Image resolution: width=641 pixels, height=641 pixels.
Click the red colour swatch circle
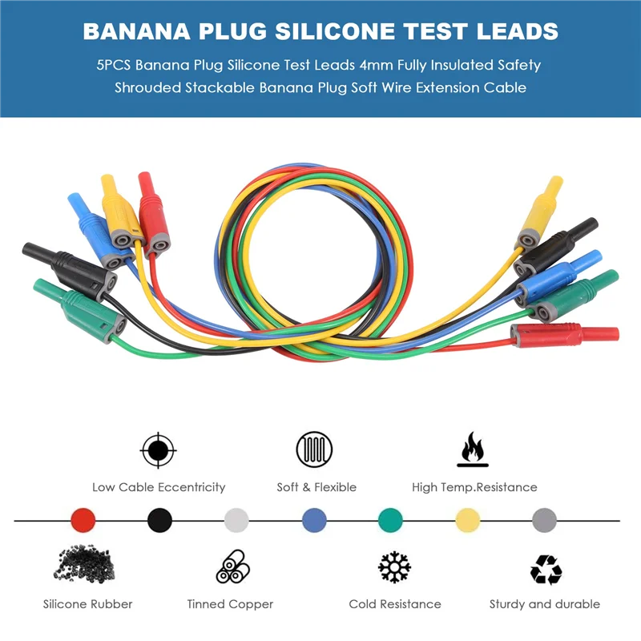[83, 520]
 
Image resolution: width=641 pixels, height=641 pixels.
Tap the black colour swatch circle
[159, 520]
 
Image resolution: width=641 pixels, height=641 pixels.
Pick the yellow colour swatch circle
[467, 520]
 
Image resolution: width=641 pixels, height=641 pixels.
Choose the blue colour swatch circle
[314, 520]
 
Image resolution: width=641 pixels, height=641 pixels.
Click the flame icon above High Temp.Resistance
[473, 450]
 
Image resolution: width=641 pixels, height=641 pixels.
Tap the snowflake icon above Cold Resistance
[394, 567]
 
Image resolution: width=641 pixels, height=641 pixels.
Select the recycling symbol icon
[546, 569]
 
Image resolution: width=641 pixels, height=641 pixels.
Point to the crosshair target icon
[158, 450]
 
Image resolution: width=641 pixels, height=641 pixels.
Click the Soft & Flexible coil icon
[314, 450]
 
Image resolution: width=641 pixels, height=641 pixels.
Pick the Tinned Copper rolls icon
[233, 567]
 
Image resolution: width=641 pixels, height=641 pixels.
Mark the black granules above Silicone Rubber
[87, 566]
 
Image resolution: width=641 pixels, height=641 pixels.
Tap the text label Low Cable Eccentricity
[159, 487]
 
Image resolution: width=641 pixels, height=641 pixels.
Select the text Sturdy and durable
[545, 604]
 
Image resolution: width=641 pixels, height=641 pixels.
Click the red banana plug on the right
[565, 333]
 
